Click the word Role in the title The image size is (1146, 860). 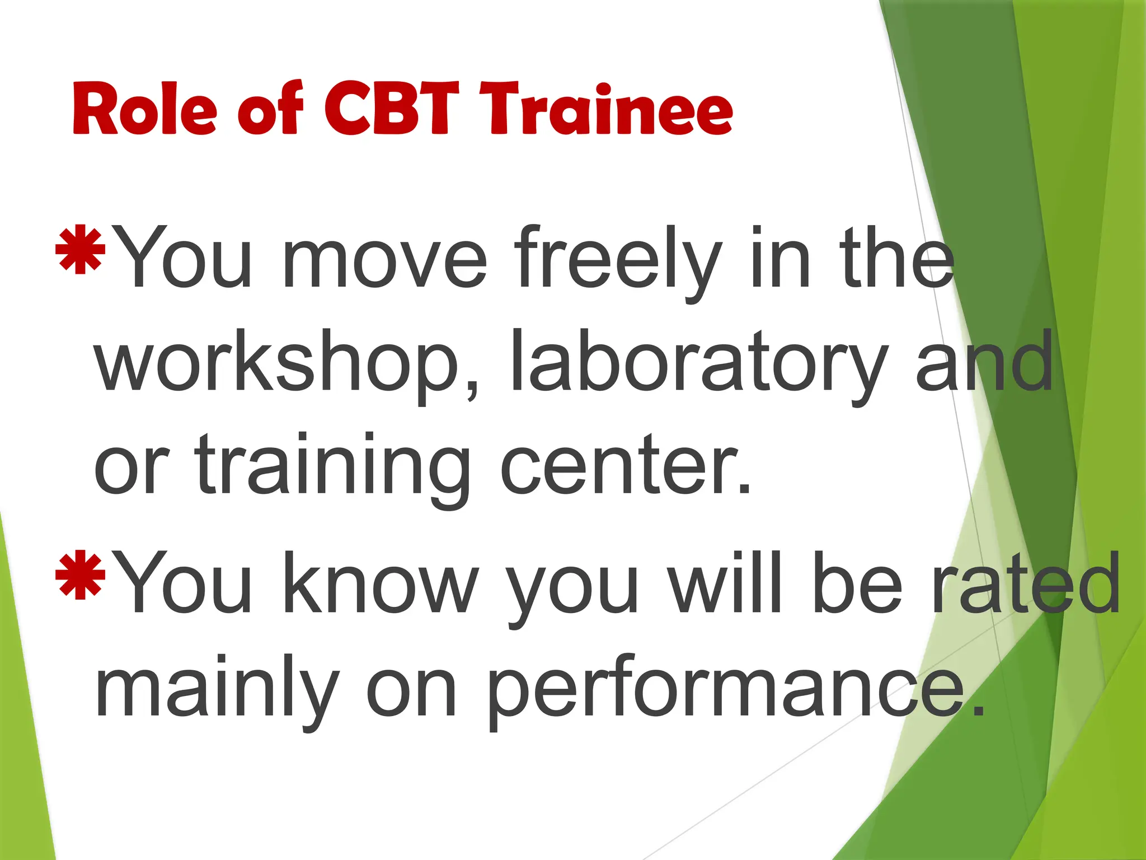(x=144, y=109)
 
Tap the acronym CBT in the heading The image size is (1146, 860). (x=391, y=109)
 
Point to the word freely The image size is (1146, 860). (x=618, y=260)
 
